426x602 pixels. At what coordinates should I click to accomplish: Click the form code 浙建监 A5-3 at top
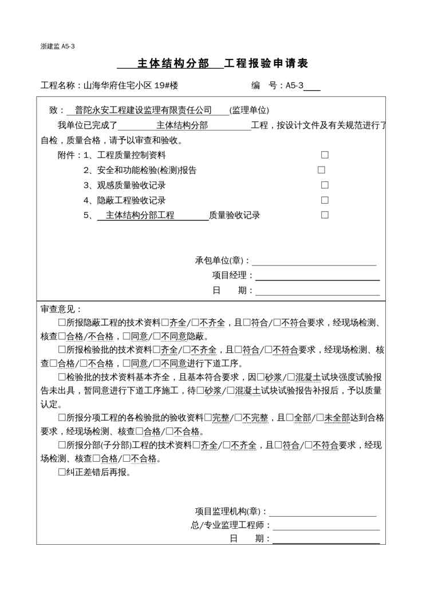click(58, 46)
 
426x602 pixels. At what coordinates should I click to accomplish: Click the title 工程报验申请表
click(266, 64)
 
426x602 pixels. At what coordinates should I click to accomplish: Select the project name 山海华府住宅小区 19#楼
click(131, 86)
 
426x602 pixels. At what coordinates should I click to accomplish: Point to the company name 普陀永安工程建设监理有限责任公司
click(143, 110)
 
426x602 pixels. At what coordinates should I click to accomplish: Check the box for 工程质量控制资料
click(325, 155)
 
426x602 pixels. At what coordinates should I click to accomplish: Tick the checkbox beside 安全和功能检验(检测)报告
click(321, 170)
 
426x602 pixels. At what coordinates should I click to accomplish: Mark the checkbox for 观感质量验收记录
click(325, 185)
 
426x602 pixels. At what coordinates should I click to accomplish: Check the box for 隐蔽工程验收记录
click(325, 200)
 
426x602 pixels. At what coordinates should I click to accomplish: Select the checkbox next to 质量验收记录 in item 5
click(325, 215)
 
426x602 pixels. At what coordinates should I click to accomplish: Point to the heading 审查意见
click(61, 309)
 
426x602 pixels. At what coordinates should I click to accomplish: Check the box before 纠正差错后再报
click(62, 473)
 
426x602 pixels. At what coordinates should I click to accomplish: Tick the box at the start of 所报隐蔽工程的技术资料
click(62, 323)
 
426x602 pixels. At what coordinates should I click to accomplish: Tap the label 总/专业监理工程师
click(231, 525)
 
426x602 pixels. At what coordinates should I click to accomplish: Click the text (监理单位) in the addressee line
click(249, 110)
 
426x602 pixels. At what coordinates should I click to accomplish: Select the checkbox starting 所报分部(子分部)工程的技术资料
click(62, 445)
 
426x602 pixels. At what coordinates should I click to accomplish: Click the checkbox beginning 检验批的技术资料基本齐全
click(62, 377)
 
